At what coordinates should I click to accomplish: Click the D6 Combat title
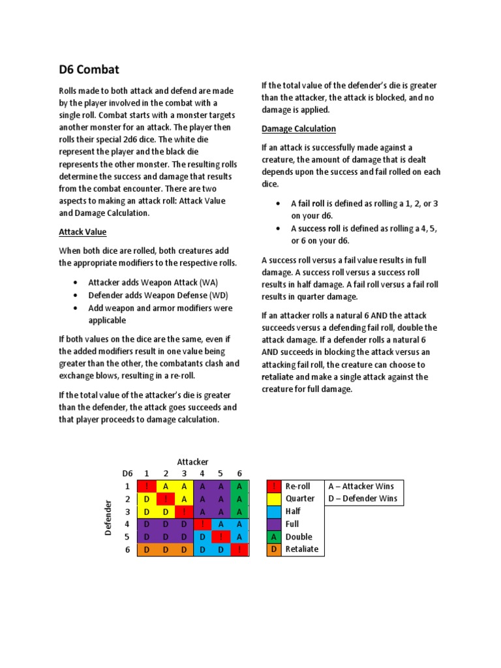[x=89, y=70]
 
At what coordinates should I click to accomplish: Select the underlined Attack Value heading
[x=83, y=232]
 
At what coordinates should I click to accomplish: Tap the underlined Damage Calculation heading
[x=298, y=129]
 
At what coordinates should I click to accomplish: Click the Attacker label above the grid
[x=192, y=462]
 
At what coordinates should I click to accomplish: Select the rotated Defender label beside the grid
[x=109, y=517]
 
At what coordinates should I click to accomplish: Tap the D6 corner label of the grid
[x=127, y=474]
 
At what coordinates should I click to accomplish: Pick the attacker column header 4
[x=202, y=474]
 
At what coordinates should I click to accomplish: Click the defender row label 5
[x=128, y=537]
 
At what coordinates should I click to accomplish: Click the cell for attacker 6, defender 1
[x=239, y=486]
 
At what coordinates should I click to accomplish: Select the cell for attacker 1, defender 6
[x=147, y=549]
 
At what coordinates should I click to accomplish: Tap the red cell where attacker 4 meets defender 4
[x=202, y=524]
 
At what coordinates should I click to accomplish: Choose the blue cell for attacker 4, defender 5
[x=202, y=537]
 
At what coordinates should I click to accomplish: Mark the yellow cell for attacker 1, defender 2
[x=147, y=499]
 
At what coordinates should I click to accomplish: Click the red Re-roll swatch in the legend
[x=275, y=486]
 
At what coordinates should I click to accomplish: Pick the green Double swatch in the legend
[x=275, y=537]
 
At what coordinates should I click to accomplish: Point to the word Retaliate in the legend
[x=302, y=549]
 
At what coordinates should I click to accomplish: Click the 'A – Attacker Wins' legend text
[x=361, y=486]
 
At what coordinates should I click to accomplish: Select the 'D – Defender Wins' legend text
[x=363, y=499]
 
